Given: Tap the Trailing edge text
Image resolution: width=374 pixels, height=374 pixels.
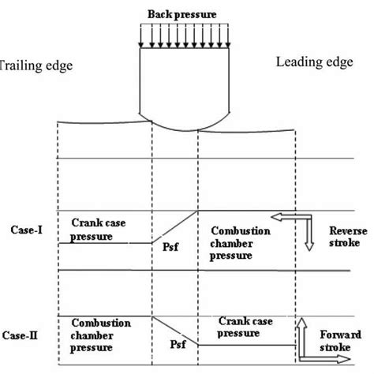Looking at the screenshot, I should click(36, 66).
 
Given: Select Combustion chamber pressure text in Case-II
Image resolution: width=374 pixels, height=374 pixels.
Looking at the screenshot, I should click(100, 335).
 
